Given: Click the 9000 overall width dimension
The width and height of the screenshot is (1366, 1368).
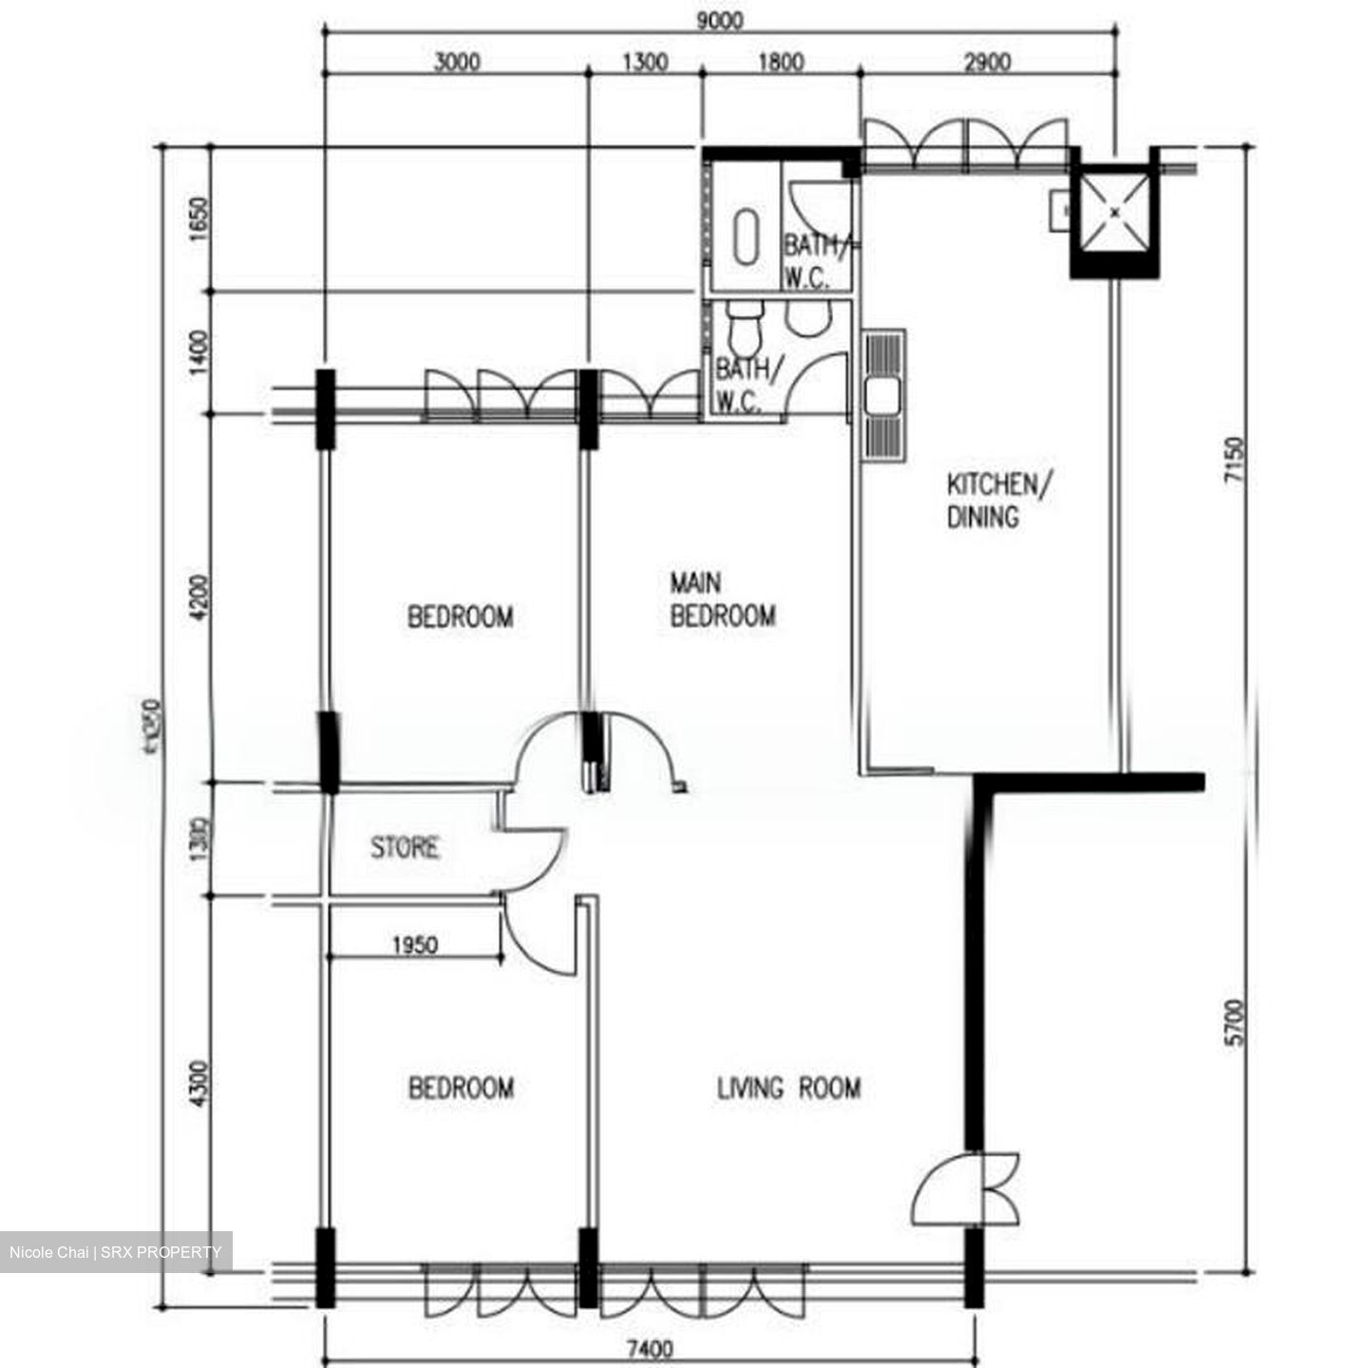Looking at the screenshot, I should coord(719,20).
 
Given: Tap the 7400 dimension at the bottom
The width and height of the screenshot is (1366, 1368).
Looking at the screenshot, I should coord(650,1349).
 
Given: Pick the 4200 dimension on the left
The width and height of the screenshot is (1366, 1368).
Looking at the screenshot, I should coord(199,599).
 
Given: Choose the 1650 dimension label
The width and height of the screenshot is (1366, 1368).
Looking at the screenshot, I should coord(199,218).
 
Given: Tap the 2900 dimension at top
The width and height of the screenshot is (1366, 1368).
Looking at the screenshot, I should coord(987,63).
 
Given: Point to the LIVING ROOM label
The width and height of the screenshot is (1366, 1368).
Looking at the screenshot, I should coord(788,1088).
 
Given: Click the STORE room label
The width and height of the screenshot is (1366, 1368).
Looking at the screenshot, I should coord(405,846).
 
